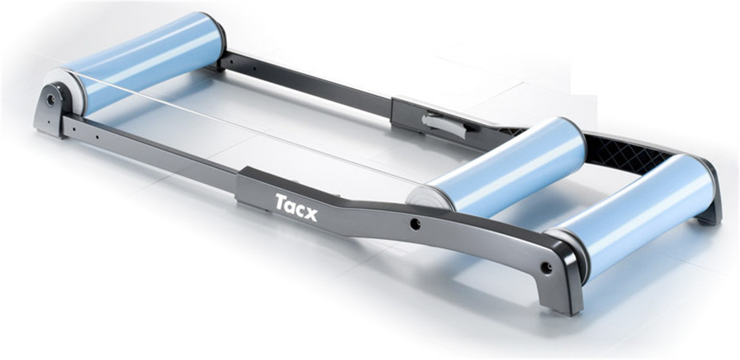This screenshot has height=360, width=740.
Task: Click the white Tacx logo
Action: (x=296, y=207)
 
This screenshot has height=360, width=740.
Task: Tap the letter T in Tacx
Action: (x=281, y=201)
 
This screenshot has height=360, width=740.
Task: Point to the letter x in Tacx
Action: (x=310, y=213)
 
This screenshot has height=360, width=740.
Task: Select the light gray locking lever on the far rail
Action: (x=444, y=125)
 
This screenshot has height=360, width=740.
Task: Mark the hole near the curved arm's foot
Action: (x=545, y=268)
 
